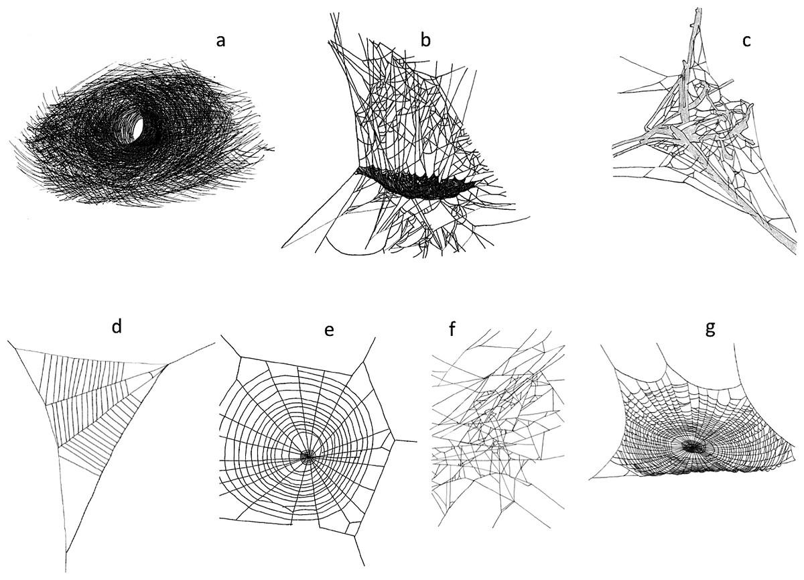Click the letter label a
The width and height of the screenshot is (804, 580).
click(220, 42)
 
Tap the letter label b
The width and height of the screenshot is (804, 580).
click(425, 39)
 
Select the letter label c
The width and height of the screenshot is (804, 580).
click(746, 42)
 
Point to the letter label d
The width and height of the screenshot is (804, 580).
click(117, 327)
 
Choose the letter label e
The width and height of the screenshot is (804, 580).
click(329, 330)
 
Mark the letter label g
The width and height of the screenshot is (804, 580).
click(710, 329)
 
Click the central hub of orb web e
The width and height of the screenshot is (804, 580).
click(308, 456)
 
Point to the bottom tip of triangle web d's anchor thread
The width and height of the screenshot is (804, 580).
click(66, 572)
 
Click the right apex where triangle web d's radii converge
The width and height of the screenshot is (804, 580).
click(167, 365)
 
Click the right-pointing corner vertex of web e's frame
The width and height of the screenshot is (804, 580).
click(395, 439)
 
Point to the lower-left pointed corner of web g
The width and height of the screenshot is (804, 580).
click(590, 478)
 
